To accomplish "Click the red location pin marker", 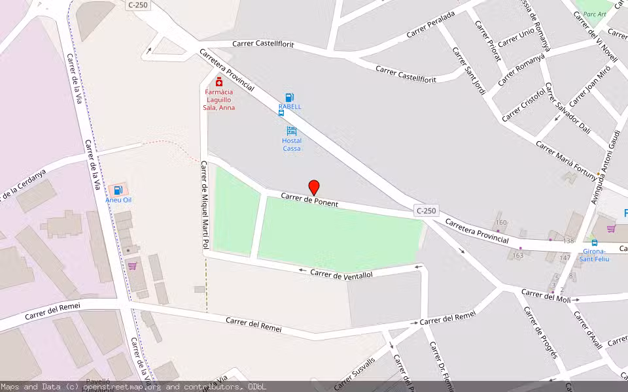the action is click(x=314, y=187).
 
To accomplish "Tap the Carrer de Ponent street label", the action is click(x=309, y=199).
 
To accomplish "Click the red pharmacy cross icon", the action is click(x=218, y=82).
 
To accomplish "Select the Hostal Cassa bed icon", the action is click(x=291, y=131).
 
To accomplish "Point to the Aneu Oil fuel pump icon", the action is click(x=118, y=190).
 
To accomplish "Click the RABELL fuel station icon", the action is click(x=289, y=97).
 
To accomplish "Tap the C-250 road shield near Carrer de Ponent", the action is click(x=425, y=210).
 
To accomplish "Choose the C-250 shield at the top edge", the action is click(x=137, y=5).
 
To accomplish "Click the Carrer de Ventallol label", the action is click(x=341, y=274).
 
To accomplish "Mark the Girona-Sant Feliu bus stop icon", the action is click(x=594, y=242).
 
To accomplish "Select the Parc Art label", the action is click(x=595, y=14).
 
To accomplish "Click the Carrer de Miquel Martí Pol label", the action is click(x=204, y=204).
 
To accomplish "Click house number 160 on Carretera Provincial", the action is click(x=501, y=223).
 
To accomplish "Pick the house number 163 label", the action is click(x=518, y=255).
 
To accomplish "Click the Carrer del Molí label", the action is click(x=546, y=295).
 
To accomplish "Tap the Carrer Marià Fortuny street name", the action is click(x=567, y=159).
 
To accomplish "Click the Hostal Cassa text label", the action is click(x=292, y=144).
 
